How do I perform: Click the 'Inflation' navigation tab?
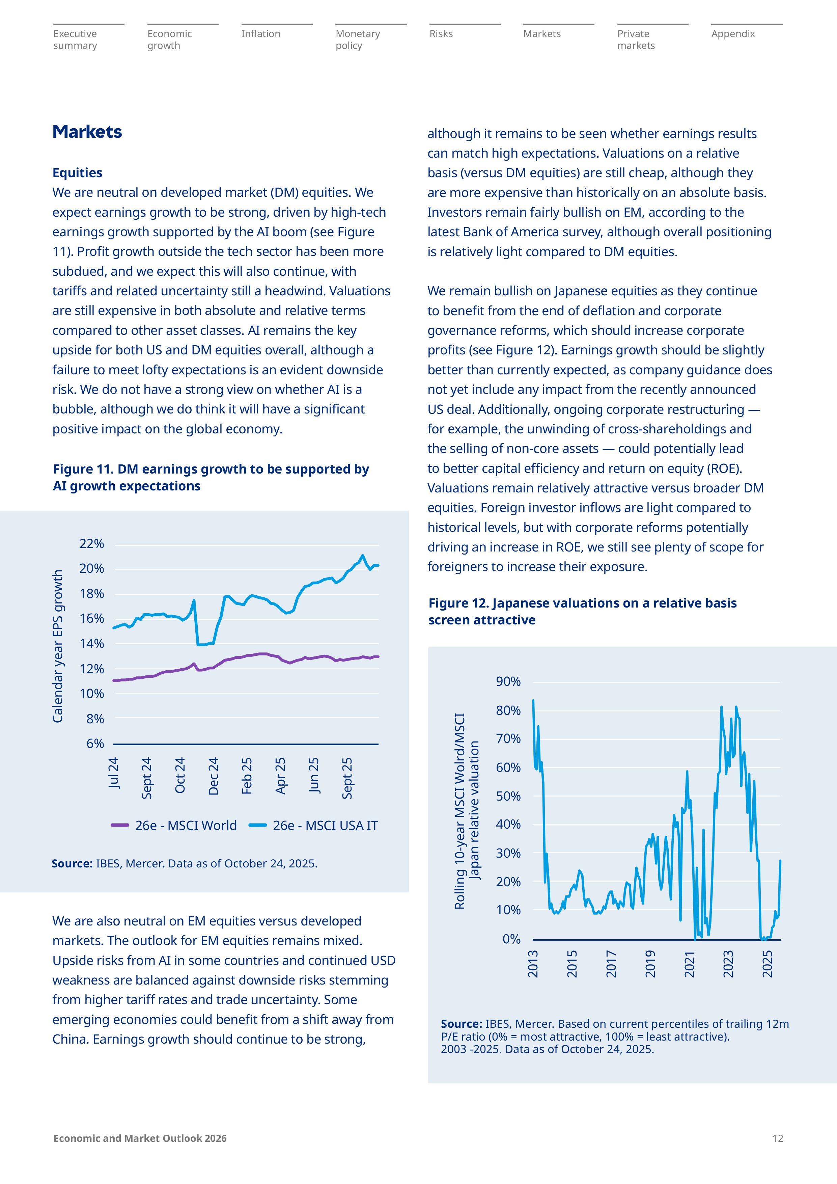(x=261, y=34)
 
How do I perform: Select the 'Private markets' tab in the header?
(x=636, y=40)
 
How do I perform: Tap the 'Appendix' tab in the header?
(x=733, y=34)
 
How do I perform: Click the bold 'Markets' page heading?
(x=87, y=132)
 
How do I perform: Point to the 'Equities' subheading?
(x=77, y=173)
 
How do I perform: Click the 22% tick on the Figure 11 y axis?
(x=92, y=543)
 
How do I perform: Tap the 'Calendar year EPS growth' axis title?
(x=58, y=646)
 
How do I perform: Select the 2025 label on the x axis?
(x=768, y=964)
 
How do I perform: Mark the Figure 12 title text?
(x=582, y=611)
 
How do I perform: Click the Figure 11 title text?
(x=211, y=478)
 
